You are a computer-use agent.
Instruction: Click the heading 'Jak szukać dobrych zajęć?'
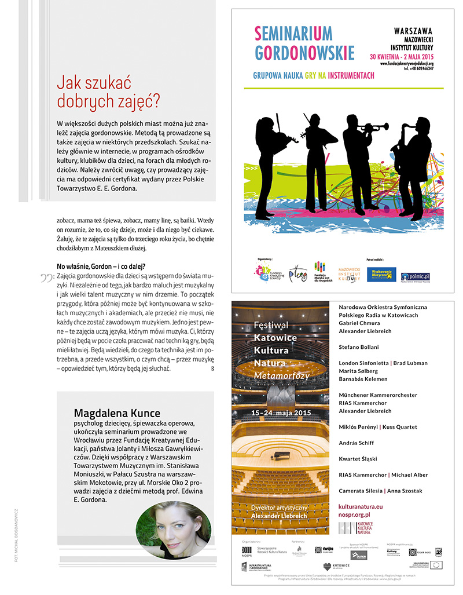[108, 92]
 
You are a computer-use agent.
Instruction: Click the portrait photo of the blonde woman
[173, 530]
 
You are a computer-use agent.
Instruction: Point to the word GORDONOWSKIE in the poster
[304, 53]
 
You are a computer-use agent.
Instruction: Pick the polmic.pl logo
[414, 275]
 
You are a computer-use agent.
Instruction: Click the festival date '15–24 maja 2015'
[281, 413]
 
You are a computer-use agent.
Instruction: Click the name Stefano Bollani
[363, 346]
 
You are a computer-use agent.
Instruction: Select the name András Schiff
[358, 443]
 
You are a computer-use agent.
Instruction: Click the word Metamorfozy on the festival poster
[282, 375]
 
